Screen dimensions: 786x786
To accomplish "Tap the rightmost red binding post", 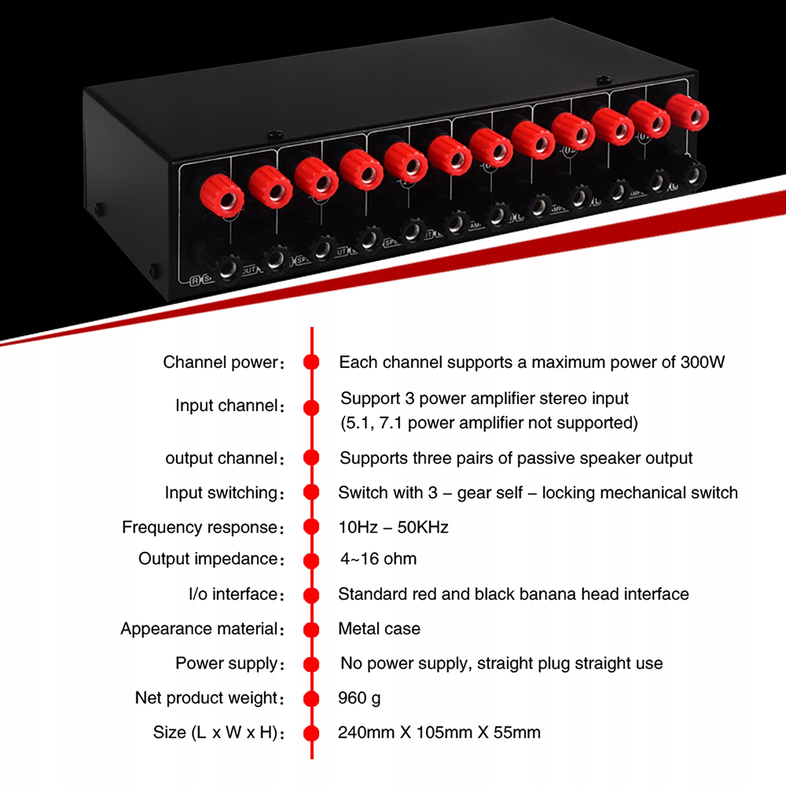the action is [x=688, y=113].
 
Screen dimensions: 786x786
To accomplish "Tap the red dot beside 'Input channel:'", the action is [x=311, y=407].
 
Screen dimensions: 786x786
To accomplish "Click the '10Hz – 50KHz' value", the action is [x=393, y=527].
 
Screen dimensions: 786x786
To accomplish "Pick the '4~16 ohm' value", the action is [x=378, y=559].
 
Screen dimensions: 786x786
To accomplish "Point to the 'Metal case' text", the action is [x=379, y=628].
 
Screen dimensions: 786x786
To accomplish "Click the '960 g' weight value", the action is [x=359, y=698].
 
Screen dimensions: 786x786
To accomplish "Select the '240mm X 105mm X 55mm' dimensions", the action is [x=439, y=732].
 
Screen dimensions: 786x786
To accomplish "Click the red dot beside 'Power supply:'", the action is [x=311, y=664].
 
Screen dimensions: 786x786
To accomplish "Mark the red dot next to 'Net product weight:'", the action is [x=311, y=699].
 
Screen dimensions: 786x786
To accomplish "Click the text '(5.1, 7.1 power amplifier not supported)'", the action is [x=489, y=423].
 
